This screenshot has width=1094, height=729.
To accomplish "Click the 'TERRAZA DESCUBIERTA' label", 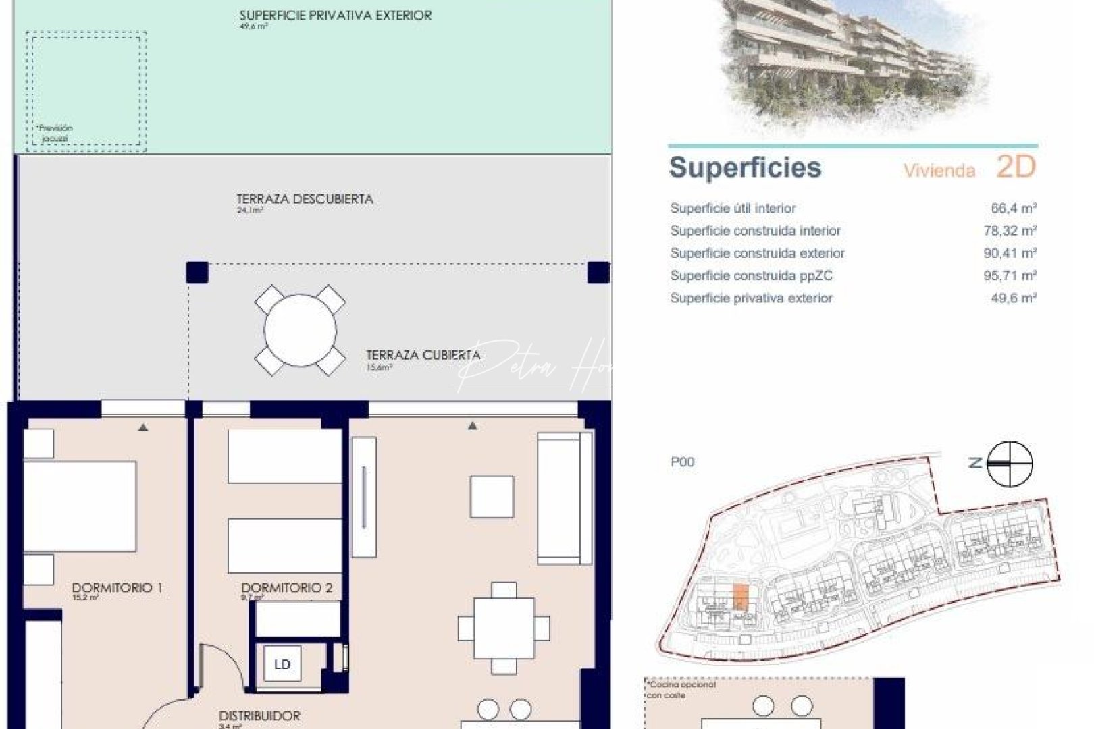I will [x=305, y=199].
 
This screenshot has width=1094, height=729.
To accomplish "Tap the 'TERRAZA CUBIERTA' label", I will [x=423, y=355].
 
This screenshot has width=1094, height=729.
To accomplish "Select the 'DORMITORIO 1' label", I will [x=117, y=588].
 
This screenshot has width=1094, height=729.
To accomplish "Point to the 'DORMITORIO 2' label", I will [x=286, y=588].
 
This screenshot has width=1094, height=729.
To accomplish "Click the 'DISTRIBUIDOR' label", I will [x=259, y=715].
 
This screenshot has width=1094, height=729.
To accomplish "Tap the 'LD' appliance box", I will [x=282, y=664].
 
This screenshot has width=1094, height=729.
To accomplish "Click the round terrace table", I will [x=300, y=330].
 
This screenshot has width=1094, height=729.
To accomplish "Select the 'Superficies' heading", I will [x=745, y=167].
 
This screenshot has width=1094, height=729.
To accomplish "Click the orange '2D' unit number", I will [x=1016, y=167].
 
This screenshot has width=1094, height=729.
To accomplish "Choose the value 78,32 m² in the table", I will [x=1010, y=231].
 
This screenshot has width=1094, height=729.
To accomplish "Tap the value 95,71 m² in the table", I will [x=1010, y=275].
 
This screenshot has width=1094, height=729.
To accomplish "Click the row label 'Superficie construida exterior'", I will [x=757, y=253].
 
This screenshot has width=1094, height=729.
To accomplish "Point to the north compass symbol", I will [x=1010, y=464].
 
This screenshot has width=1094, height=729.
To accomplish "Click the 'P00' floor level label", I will [x=682, y=462].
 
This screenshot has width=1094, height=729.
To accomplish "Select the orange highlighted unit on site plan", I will [x=740, y=597].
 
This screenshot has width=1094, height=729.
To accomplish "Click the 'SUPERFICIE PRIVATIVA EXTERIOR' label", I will [x=336, y=16].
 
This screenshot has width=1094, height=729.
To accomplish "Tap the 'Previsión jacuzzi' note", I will [x=55, y=133].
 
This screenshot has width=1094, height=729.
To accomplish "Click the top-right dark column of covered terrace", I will [x=598, y=273].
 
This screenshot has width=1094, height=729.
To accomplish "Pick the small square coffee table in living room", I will [x=492, y=497].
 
